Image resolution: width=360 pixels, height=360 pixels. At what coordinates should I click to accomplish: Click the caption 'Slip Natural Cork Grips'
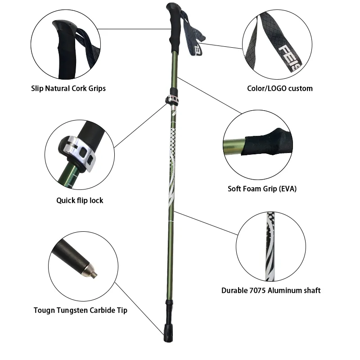[68, 88]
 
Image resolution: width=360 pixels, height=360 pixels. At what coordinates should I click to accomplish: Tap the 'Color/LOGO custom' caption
[280, 88]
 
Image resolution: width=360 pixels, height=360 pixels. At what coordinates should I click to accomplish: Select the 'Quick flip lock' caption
[80, 200]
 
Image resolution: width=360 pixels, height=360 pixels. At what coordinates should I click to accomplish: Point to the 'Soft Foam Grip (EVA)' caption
[262, 189]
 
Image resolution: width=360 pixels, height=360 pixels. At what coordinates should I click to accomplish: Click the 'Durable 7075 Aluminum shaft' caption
[271, 290]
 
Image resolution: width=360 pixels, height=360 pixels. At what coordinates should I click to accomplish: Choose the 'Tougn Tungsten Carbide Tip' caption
[81, 310]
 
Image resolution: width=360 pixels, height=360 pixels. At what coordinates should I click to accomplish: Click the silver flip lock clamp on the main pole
[172, 100]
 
